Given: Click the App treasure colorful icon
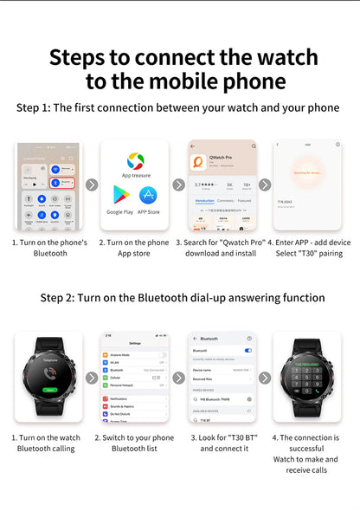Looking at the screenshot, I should tap(135, 161).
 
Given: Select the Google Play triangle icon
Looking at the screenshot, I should tap(120, 196).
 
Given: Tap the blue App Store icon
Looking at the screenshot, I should tap(149, 196).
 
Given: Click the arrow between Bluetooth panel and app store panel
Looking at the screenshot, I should tap(92, 184).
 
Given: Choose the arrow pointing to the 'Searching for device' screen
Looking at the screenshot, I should tap(265, 184).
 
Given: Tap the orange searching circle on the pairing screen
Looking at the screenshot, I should tap(307, 173).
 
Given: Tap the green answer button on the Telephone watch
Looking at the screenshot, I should tap(51, 390).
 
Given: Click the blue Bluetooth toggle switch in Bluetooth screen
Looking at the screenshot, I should tap(248, 351).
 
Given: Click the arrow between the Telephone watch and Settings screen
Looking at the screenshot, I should tap(92, 378).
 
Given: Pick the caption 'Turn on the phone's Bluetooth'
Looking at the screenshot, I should tap(49, 249).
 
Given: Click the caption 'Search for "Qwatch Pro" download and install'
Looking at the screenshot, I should tap(222, 249).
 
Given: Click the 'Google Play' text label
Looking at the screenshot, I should tap(120, 211).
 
